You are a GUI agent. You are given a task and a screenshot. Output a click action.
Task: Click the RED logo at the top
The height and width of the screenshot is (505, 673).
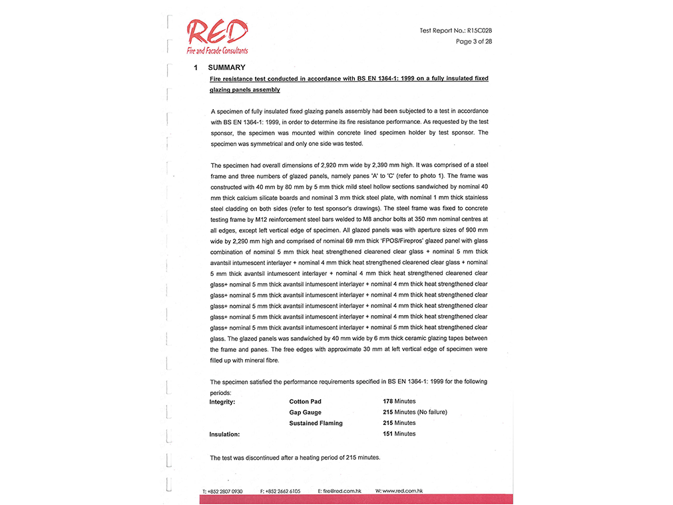tap(217, 32)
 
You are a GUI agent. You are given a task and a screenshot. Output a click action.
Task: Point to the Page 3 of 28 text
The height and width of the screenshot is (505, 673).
tap(473, 41)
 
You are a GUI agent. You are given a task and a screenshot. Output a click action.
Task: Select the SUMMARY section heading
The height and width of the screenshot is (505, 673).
tap(226, 67)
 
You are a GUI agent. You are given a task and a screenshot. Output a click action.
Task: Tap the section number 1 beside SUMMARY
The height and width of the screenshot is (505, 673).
tap(196, 67)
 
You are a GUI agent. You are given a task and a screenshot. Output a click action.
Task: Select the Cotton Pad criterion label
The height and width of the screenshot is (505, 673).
tap(305, 402)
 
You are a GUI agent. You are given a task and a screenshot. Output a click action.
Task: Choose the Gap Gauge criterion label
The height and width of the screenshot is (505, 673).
tap(305, 412)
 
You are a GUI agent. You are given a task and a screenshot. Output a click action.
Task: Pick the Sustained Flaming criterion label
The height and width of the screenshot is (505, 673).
tap(316, 423)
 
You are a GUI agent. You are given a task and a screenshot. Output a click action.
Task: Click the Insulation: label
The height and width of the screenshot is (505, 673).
tap(224, 434)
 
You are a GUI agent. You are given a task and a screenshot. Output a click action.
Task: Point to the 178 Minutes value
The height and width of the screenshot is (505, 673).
tap(399, 402)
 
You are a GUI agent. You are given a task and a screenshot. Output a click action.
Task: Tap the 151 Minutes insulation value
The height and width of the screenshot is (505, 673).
tap(399, 434)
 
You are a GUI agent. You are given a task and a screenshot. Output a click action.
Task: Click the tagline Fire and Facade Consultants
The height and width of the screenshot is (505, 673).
tap(217, 51)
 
